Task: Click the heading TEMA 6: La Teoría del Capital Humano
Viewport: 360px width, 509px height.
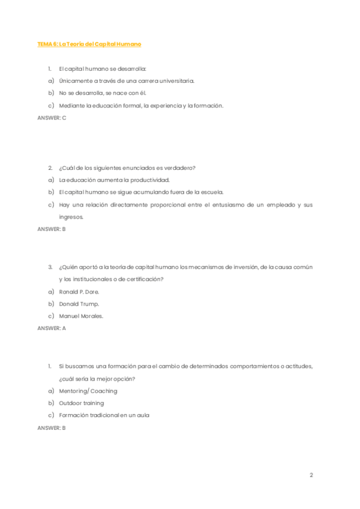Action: click(89, 44)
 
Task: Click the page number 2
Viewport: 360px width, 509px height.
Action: click(311, 475)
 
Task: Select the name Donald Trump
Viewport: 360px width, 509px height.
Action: click(79, 304)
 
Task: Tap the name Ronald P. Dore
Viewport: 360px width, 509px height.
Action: click(79, 291)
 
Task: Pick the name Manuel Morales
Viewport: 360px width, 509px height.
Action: click(81, 316)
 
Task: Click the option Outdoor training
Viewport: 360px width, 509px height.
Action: click(81, 403)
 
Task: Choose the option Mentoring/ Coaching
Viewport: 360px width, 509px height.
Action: click(88, 391)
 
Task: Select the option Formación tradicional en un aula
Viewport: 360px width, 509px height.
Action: click(104, 415)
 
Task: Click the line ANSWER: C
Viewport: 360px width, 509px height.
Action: click(52, 118)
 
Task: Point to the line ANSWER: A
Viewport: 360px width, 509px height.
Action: click(52, 328)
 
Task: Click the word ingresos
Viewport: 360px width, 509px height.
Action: click(71, 217)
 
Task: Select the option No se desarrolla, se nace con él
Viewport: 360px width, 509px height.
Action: click(103, 93)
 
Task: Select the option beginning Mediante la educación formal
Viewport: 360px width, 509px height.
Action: click(141, 106)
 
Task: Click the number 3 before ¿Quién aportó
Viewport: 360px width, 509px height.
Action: click(50, 267)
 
